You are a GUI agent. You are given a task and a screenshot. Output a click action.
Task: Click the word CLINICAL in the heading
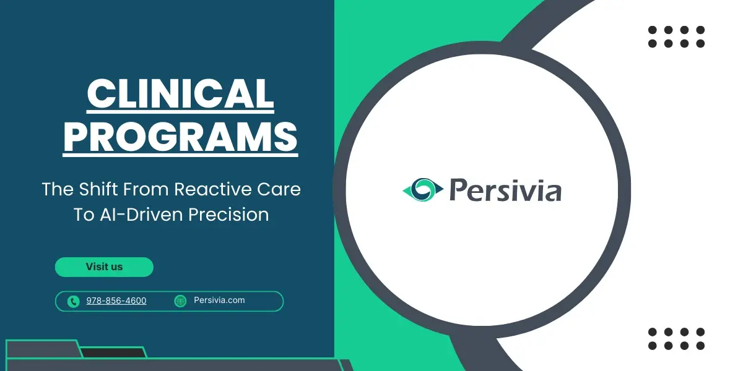180,94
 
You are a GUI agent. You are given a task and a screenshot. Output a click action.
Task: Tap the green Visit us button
104,267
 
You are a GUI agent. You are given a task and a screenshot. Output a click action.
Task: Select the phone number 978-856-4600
116,301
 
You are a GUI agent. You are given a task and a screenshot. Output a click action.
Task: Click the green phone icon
74,301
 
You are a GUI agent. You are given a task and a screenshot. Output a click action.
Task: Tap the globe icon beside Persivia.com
180,301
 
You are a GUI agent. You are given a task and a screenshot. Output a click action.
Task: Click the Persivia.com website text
219,301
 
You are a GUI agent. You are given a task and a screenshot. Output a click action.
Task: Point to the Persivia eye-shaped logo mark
423,189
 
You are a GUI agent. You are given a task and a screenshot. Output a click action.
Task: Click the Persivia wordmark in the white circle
505,189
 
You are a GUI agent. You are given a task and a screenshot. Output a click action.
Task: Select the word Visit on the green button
96,267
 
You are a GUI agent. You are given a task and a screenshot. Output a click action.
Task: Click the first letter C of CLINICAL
100,94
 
